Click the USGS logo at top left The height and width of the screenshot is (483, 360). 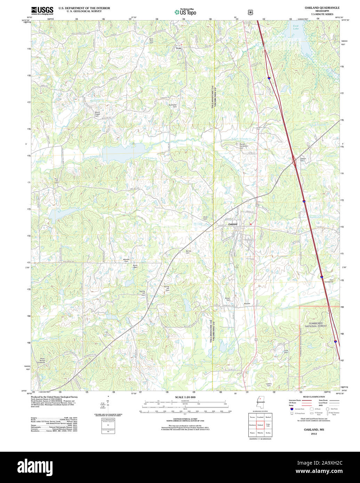[42, 10]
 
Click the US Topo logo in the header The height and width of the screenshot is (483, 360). [185, 12]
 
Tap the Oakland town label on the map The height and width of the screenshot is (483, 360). [233, 224]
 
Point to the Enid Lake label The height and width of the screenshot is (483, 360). [296, 27]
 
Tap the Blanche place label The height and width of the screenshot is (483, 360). [247, 304]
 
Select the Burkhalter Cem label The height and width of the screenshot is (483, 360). [173, 105]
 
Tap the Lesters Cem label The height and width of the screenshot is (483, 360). [269, 384]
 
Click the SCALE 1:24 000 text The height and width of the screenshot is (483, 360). [185, 397]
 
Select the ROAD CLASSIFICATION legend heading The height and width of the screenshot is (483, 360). [314, 396]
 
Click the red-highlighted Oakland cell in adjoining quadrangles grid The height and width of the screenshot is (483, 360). [260, 425]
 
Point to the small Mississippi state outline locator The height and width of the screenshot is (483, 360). [259, 402]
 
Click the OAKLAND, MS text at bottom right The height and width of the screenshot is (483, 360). [314, 430]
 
